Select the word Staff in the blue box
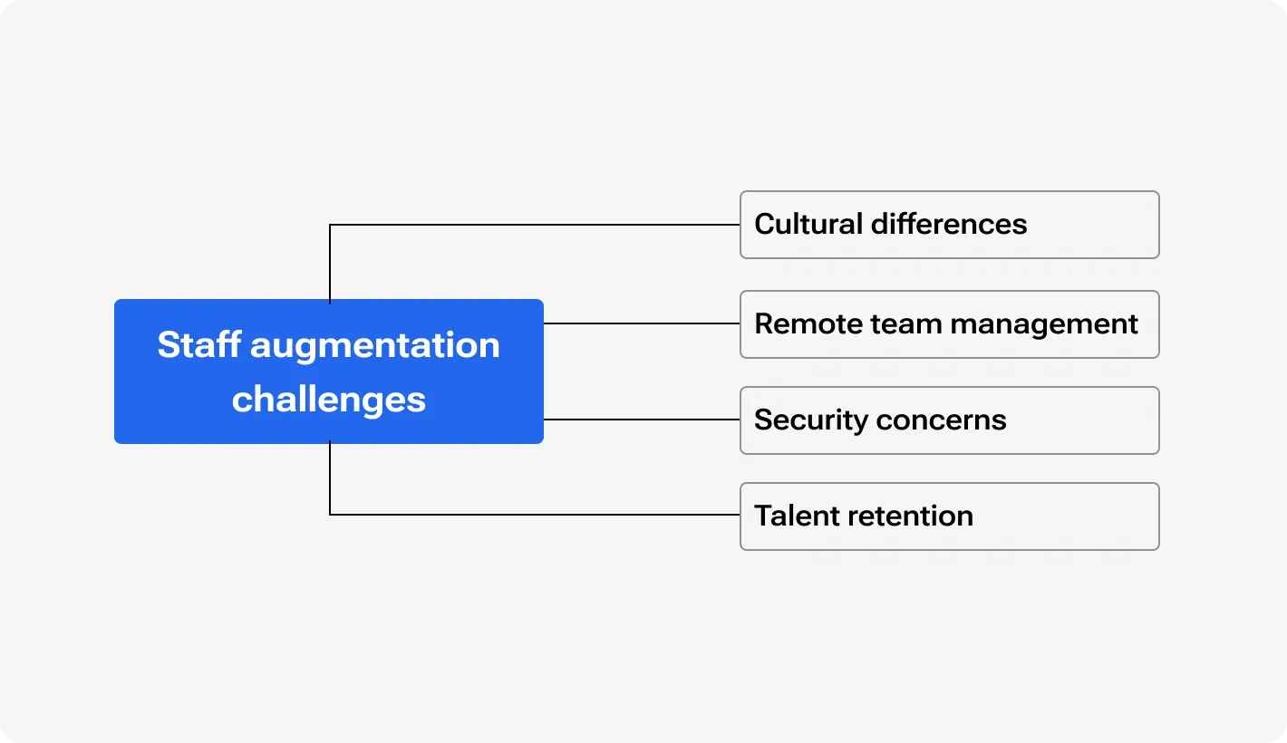199,345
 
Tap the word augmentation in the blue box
375,345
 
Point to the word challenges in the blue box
328,400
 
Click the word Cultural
808,224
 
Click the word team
900,323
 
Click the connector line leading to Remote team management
642,323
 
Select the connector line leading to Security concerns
642,420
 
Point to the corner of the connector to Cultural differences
330,225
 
